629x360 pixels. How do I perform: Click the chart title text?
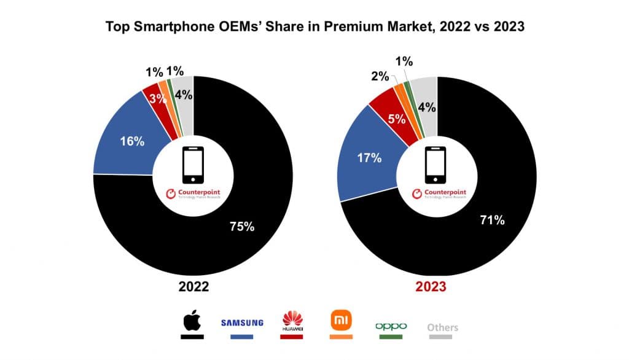[x=314, y=27]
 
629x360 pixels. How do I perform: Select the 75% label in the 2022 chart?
[x=241, y=226]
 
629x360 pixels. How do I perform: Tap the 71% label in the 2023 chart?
[x=492, y=220]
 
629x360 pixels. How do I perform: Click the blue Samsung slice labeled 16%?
[x=131, y=141]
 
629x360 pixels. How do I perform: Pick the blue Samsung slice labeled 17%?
[x=369, y=157]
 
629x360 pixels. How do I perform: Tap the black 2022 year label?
[x=193, y=287]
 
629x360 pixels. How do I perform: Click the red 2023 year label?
[x=438, y=287]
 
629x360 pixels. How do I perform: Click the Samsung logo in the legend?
[x=242, y=323]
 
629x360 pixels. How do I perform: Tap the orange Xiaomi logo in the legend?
[x=340, y=321]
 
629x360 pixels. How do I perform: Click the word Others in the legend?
[x=442, y=327]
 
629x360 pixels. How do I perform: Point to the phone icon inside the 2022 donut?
[x=193, y=165]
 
